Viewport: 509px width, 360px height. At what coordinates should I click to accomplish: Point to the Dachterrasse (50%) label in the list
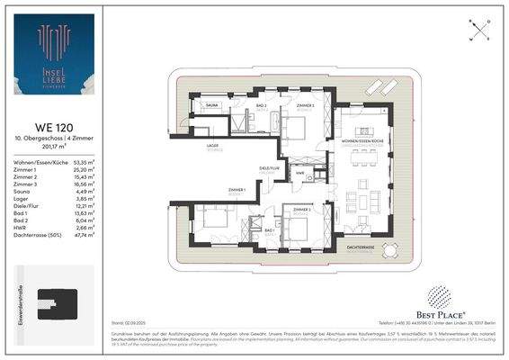[x=37, y=237]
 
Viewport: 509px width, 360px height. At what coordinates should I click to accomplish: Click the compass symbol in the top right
[x=478, y=30]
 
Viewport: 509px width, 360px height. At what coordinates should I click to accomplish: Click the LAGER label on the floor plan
[x=213, y=145]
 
